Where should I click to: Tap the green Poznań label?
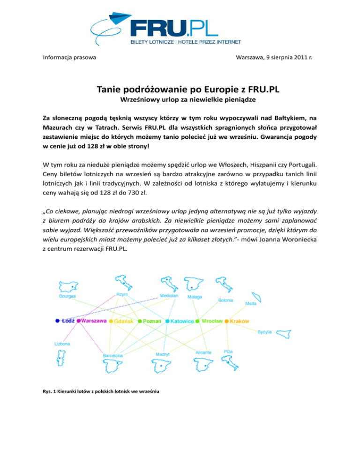click(152, 321)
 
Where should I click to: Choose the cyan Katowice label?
click(182, 321)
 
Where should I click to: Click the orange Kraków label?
click(239, 321)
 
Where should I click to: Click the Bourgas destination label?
click(68, 296)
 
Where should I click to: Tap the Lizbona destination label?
click(62, 344)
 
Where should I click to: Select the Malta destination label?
click(251, 303)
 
